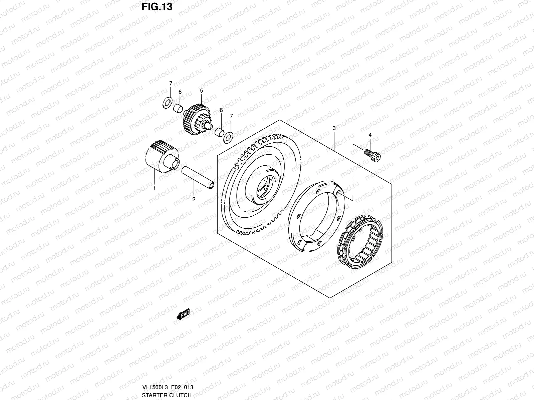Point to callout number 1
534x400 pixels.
155,188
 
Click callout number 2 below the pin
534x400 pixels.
194,199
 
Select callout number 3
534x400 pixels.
334,128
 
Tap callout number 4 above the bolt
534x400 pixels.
370,135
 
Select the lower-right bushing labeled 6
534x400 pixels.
219,131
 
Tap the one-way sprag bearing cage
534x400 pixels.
362,239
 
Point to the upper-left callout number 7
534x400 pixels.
171,83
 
